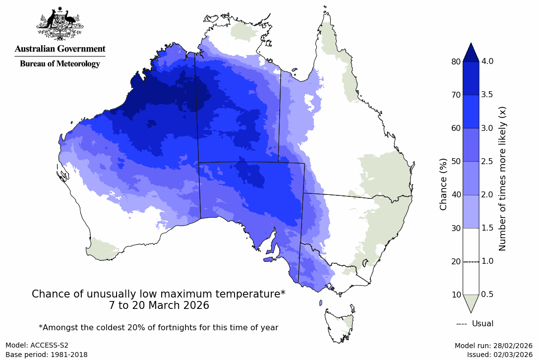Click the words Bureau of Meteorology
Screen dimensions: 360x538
pyautogui.click(x=60, y=64)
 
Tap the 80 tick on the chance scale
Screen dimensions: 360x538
pyautogui.click(x=456, y=61)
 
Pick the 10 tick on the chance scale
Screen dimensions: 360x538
pyautogui.click(x=456, y=295)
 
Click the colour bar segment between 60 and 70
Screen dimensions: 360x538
pyautogui.click(x=471, y=112)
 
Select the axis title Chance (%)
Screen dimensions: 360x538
pyautogui.click(x=444, y=184)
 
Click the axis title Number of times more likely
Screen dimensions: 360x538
pyautogui.click(x=502, y=178)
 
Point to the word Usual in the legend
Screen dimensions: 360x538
pyautogui.click(x=482, y=324)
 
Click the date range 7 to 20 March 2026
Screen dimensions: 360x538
pyautogui.click(x=159, y=305)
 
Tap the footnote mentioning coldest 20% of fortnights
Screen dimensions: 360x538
pyautogui.click(x=159, y=327)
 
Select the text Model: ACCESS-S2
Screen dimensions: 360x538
pyautogui.click(x=37, y=345)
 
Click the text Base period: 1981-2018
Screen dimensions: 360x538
pyautogui.click(x=46, y=355)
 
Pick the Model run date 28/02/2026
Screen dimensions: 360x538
pyautogui.click(x=493, y=345)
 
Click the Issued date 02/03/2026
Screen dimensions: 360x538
pyautogui.click(x=499, y=355)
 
